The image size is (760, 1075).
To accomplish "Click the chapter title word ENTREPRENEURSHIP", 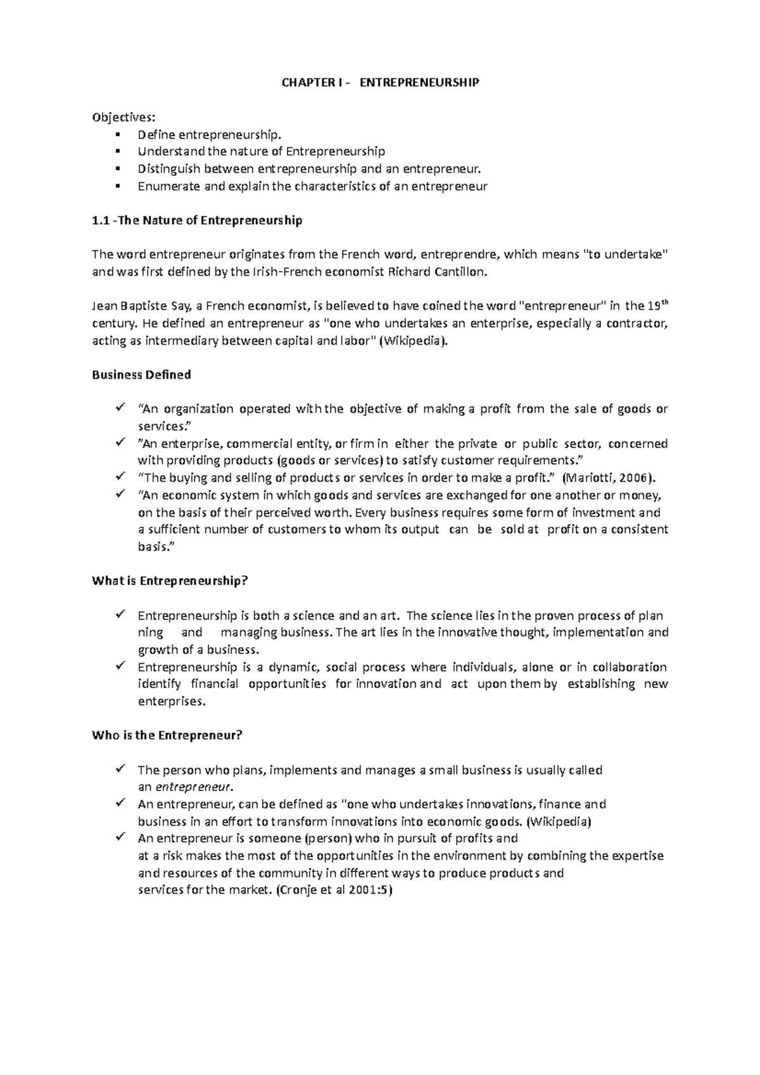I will (x=419, y=83).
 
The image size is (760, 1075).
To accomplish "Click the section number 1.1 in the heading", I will (x=100, y=220).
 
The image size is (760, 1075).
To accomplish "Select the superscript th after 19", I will (x=664, y=303).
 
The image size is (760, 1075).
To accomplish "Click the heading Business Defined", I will (x=141, y=375).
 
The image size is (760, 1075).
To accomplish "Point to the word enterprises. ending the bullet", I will (x=172, y=701).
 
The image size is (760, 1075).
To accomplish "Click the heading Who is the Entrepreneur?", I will (x=167, y=736).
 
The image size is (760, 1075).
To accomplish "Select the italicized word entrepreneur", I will (x=194, y=788).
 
